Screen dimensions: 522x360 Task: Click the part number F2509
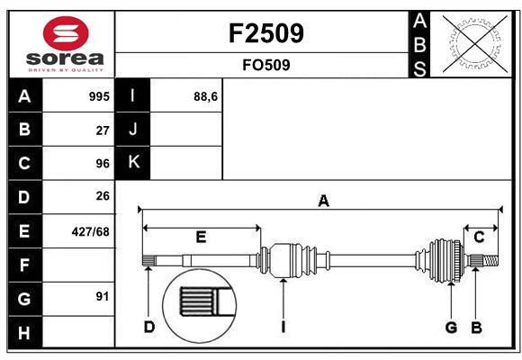(x=266, y=33)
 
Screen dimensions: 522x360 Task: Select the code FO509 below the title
(x=266, y=65)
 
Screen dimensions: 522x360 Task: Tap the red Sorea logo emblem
(x=66, y=33)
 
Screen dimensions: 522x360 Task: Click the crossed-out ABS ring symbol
(x=475, y=43)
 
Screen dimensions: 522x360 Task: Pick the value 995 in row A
(x=99, y=96)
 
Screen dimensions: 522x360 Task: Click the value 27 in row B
(x=103, y=130)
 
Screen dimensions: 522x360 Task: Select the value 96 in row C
(x=103, y=164)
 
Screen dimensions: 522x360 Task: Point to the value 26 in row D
(x=103, y=196)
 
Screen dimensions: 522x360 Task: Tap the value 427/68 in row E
(x=91, y=231)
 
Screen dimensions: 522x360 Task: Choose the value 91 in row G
(x=103, y=296)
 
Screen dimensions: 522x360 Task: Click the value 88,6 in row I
(x=206, y=97)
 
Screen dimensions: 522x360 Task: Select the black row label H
(x=24, y=333)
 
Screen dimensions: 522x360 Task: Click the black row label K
(x=133, y=162)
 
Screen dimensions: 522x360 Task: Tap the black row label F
(x=24, y=265)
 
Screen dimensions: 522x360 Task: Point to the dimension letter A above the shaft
(x=323, y=201)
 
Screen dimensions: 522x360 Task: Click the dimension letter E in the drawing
(x=201, y=237)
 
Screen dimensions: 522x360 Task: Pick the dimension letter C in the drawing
(x=479, y=237)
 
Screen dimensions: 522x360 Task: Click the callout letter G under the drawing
(x=451, y=328)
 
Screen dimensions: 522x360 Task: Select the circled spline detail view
(x=200, y=305)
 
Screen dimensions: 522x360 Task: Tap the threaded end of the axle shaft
(x=490, y=260)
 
